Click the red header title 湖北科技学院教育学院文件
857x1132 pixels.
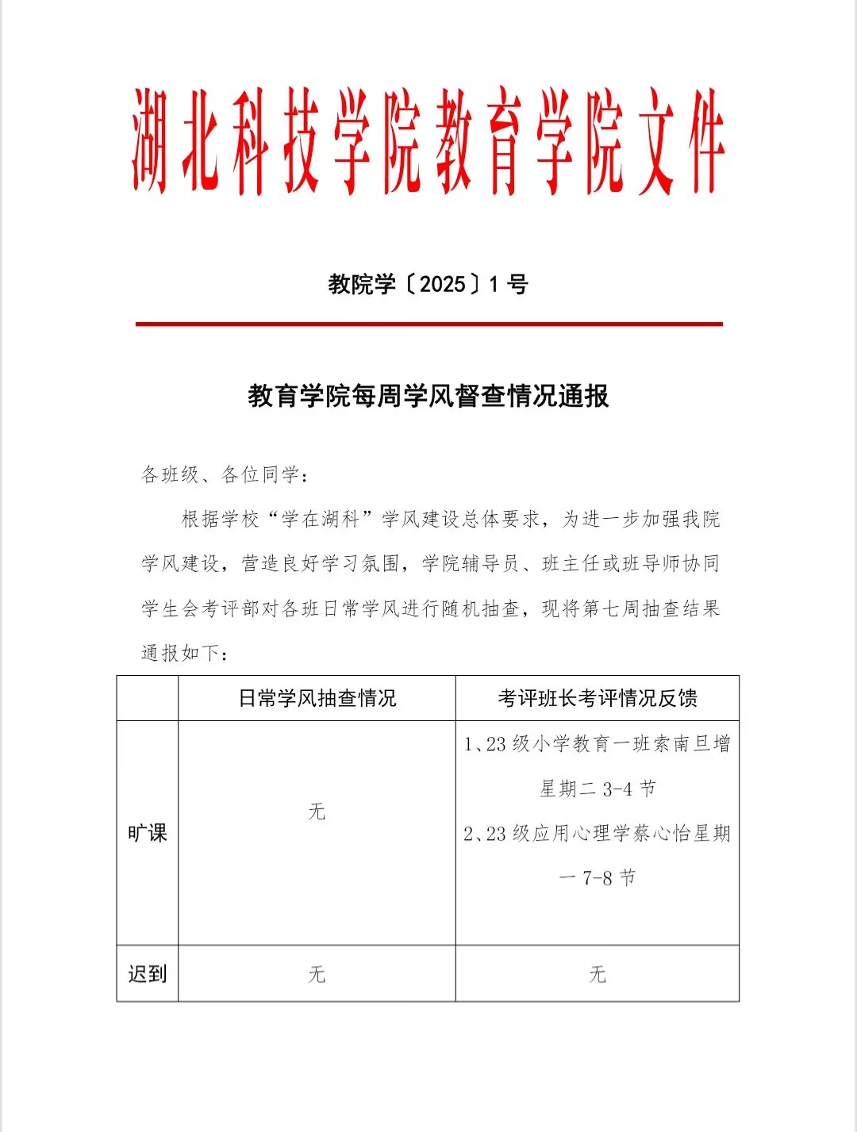(428, 141)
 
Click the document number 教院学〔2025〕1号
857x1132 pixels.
(428, 284)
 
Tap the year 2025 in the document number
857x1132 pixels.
(442, 284)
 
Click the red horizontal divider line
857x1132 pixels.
(428, 324)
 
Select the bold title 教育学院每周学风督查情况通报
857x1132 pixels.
(428, 396)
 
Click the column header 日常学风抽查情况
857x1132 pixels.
(317, 698)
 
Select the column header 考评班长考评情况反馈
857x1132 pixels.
(597, 698)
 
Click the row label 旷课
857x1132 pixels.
(148, 833)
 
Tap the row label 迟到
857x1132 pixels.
(148, 973)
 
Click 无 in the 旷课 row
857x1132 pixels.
(317, 812)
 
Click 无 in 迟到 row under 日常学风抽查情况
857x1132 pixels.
(317, 973)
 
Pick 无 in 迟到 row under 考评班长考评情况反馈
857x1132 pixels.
(597, 973)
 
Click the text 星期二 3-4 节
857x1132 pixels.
(597, 789)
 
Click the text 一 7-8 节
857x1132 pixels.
(597, 878)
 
